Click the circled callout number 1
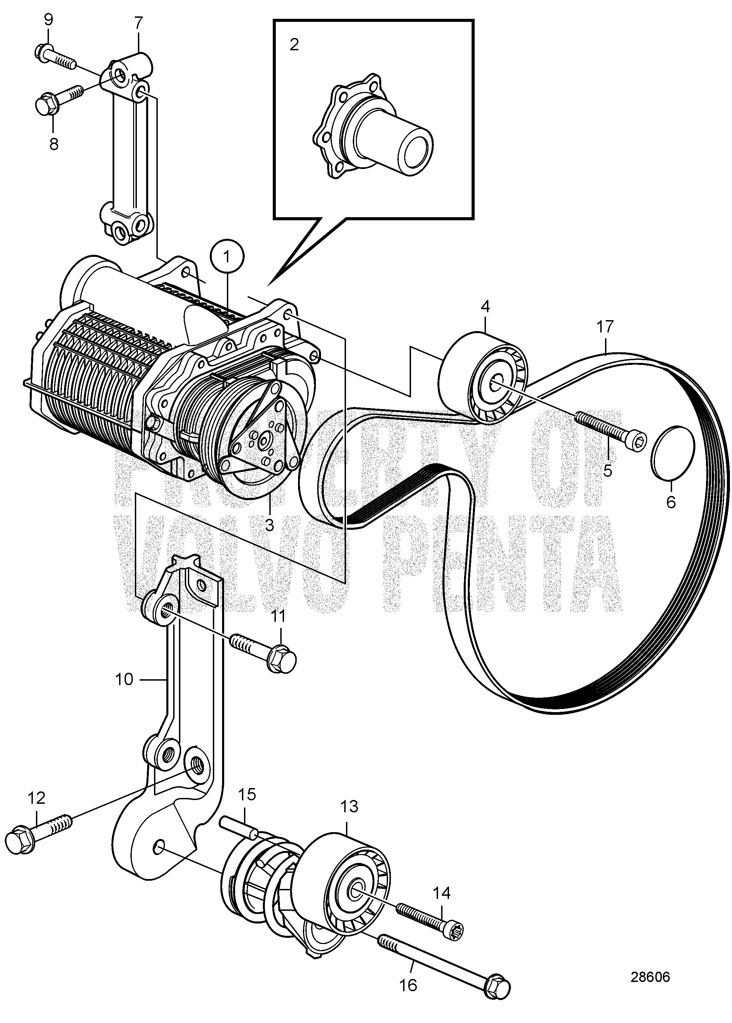tap(227, 257)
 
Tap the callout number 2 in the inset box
tap(294, 44)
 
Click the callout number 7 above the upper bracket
tap(138, 22)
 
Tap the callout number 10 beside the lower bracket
tap(125, 679)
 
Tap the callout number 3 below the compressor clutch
tap(270, 525)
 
